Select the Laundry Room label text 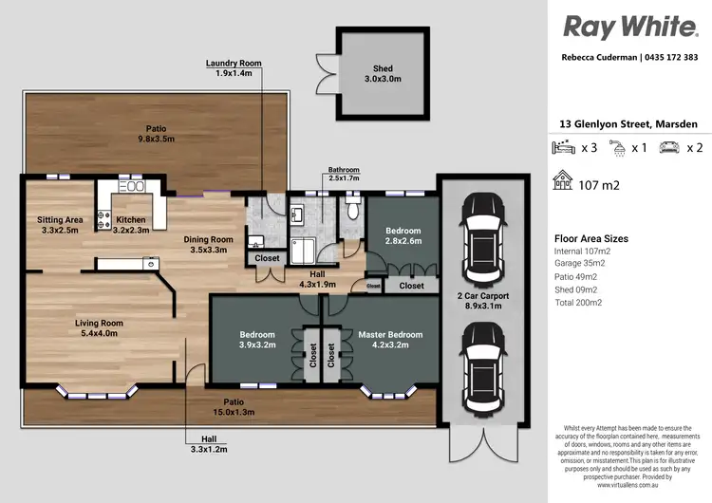pos(234,67)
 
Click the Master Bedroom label pos(389,340)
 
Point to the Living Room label pos(102,328)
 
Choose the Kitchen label pos(132,224)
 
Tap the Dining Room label pos(208,245)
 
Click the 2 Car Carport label pos(483,301)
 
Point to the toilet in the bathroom pos(353,206)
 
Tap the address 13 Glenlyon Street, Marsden pos(628,124)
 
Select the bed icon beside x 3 pos(564,148)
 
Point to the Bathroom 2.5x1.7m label pos(345,173)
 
